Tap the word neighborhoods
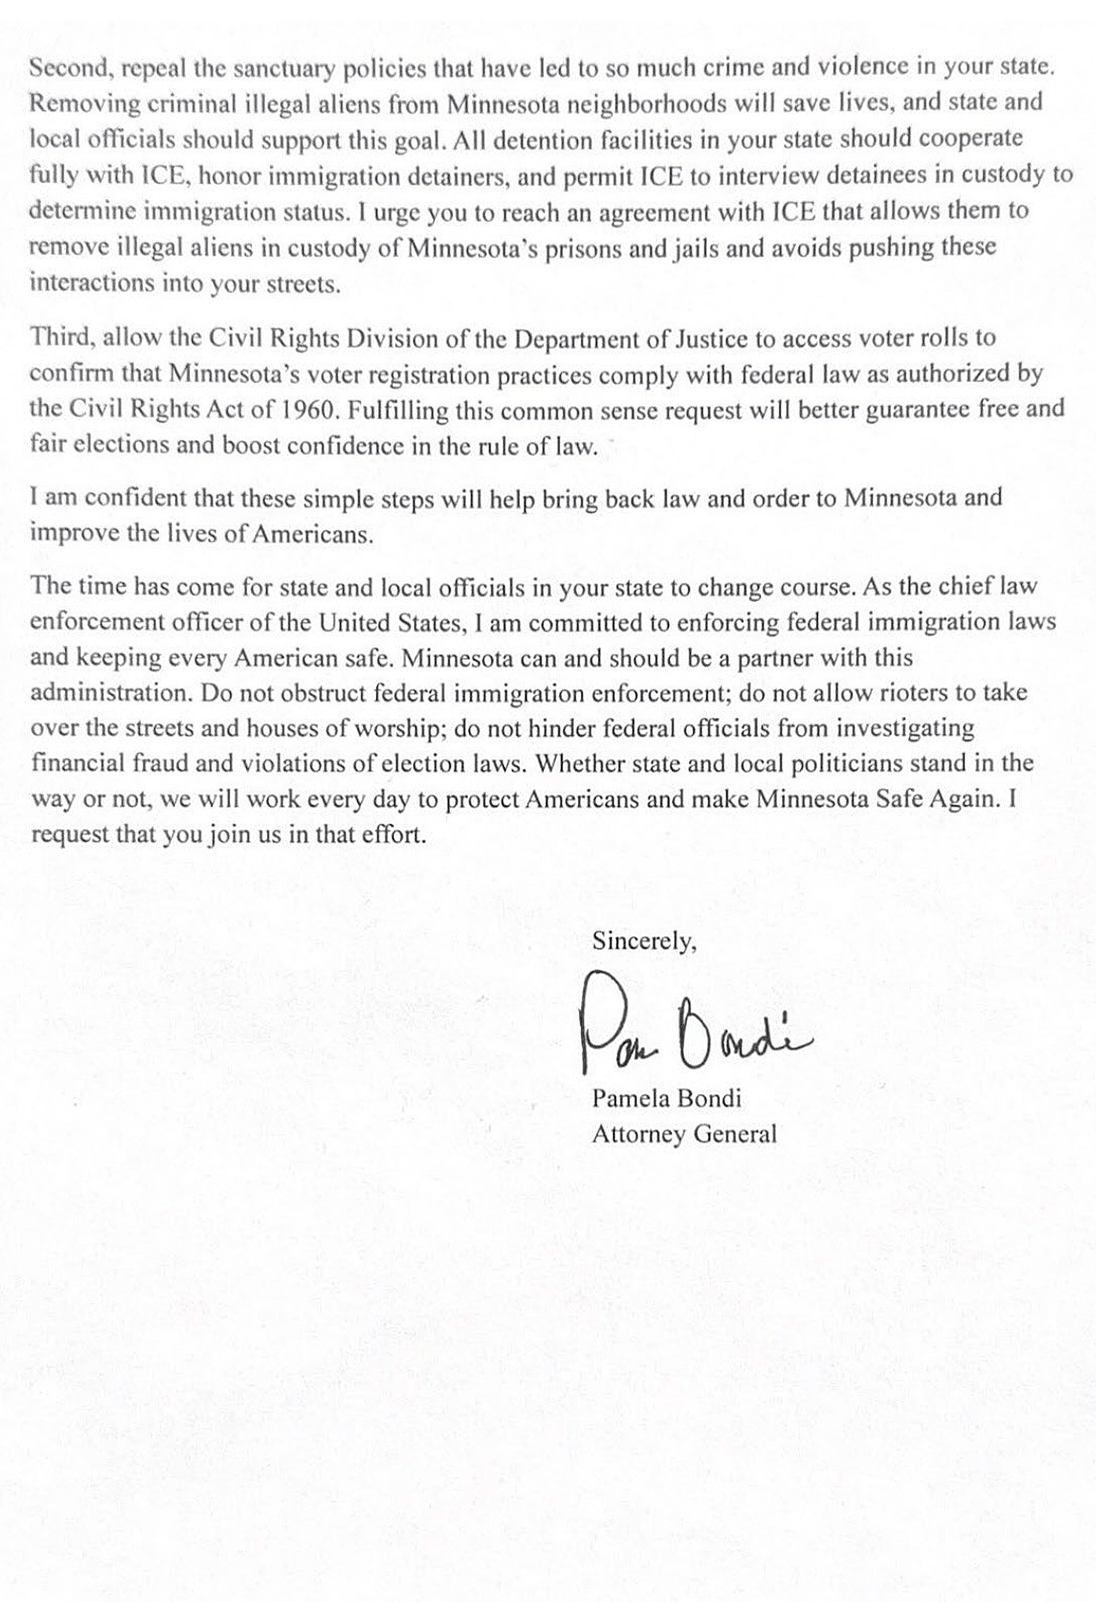[x=648, y=103]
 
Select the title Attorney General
[x=684, y=1134]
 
